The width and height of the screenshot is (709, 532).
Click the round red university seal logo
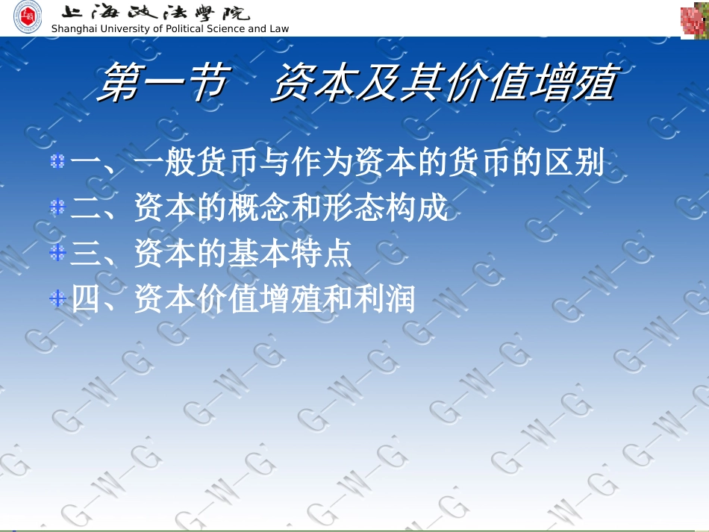pyautogui.click(x=28, y=17)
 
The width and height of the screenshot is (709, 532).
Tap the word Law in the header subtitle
pyautogui.click(x=278, y=29)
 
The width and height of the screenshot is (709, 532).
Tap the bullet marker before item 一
pyautogui.click(x=57, y=161)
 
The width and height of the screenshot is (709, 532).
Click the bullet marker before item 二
pyautogui.click(x=57, y=207)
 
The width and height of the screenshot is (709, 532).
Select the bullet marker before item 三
pyautogui.click(x=57, y=254)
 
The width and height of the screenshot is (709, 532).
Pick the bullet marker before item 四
pyautogui.click(x=57, y=300)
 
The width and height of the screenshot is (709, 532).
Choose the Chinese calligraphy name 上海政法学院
pyautogui.click(x=154, y=13)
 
